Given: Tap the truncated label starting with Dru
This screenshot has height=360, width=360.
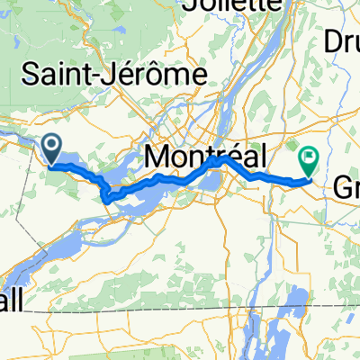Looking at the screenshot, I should (343, 41).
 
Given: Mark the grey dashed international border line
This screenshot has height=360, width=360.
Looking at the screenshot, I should (180, 310).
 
